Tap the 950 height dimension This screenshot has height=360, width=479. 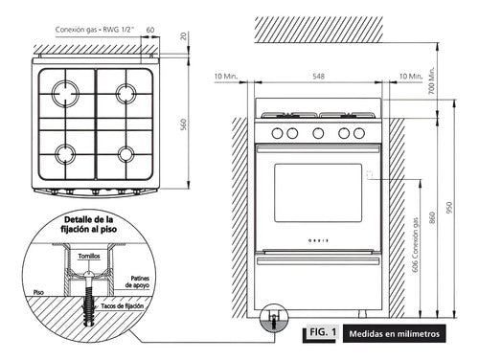pyautogui.click(x=446, y=209)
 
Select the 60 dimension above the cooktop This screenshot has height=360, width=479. pyautogui.click(x=150, y=30)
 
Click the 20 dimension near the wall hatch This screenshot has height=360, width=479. pyautogui.click(x=182, y=36)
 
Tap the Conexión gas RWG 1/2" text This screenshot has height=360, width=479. pyautogui.click(x=94, y=30)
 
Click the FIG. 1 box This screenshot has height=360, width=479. pyautogui.click(x=321, y=332)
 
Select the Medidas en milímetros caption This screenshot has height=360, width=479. pyautogui.click(x=394, y=333)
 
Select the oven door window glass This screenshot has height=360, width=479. pyautogui.click(x=318, y=191)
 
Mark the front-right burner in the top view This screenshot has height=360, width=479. pyautogui.click(x=125, y=152)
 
